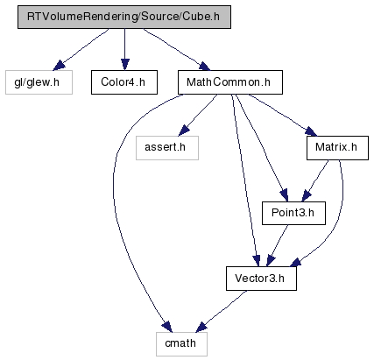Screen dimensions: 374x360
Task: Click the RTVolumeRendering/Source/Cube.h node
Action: point(124,17)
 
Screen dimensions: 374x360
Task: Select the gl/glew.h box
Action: point(39,82)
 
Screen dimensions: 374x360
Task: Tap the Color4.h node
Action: point(124,82)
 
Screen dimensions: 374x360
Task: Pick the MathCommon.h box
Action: point(230,82)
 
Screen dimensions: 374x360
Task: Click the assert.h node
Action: point(167,148)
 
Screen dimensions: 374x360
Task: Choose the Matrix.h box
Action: point(337,148)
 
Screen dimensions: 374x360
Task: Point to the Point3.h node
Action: point(293,213)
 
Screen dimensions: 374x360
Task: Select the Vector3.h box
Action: point(261,279)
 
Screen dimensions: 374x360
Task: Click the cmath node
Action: point(181,344)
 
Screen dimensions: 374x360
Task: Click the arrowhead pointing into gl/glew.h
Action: point(59,66)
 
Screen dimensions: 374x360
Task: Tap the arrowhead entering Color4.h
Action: point(125,65)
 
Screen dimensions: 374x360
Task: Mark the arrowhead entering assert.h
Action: point(184,131)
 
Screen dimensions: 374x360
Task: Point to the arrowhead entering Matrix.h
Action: point(311,131)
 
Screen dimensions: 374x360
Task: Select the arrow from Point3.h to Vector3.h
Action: point(277,246)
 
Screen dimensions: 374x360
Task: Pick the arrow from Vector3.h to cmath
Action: point(222,311)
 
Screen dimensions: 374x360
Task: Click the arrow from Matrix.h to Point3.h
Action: point(314,180)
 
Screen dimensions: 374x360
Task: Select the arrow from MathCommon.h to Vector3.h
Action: point(244,180)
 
